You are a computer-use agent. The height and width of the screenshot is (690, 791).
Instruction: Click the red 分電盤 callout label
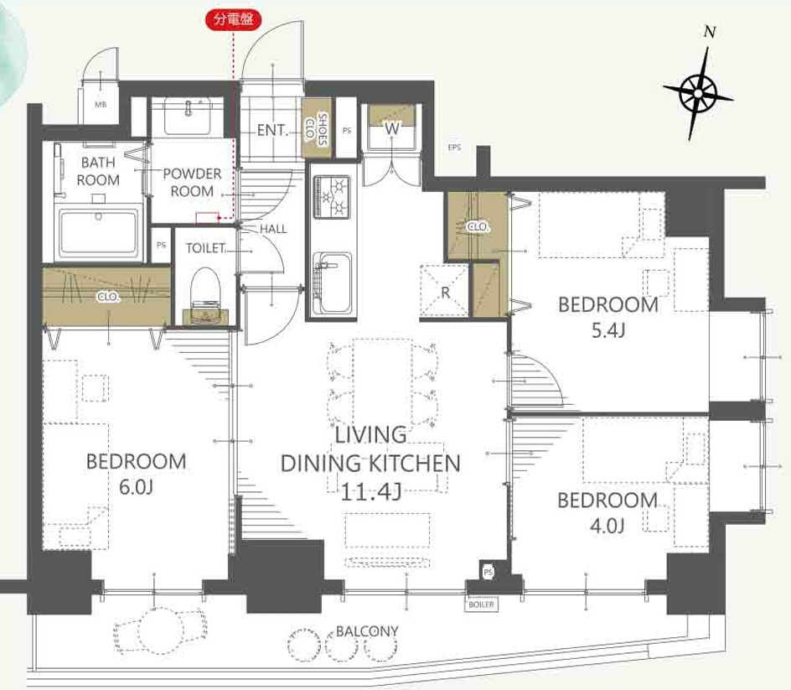pyautogui.click(x=233, y=19)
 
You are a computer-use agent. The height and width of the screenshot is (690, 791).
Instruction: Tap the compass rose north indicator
pyautogui.click(x=698, y=93)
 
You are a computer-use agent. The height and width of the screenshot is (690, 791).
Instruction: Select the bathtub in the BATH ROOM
pyautogui.click(x=98, y=233)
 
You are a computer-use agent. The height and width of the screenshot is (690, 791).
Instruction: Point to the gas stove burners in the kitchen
pyautogui.click(x=332, y=196)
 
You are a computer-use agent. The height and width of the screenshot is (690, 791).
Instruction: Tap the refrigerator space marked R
pyautogui.click(x=444, y=292)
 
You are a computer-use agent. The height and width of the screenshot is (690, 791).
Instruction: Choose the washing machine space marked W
pyautogui.click(x=391, y=127)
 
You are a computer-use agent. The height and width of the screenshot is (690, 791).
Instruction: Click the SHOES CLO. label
pyautogui.click(x=316, y=129)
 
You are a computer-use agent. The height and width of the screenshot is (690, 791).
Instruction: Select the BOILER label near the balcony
pyautogui.click(x=481, y=604)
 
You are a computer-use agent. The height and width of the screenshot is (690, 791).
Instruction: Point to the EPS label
pyautogui.click(x=454, y=148)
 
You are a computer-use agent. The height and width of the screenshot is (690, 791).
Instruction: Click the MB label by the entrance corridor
pyautogui.click(x=101, y=105)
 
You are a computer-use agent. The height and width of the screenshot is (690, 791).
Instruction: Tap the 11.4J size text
pyautogui.click(x=371, y=491)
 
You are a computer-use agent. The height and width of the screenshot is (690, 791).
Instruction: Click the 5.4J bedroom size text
pyautogui.click(x=607, y=330)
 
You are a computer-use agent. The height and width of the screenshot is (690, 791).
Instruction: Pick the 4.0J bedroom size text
pyautogui.click(x=607, y=526)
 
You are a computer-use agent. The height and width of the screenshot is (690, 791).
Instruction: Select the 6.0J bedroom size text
pyautogui.click(x=137, y=487)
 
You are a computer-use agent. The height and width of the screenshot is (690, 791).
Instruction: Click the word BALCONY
pyautogui.click(x=367, y=631)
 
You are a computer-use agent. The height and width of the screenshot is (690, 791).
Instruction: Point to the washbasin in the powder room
pyautogui.click(x=188, y=117)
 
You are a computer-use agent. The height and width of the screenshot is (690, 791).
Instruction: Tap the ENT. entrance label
pyautogui.click(x=272, y=130)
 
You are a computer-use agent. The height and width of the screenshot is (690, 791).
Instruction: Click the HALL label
pyautogui.click(x=273, y=229)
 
